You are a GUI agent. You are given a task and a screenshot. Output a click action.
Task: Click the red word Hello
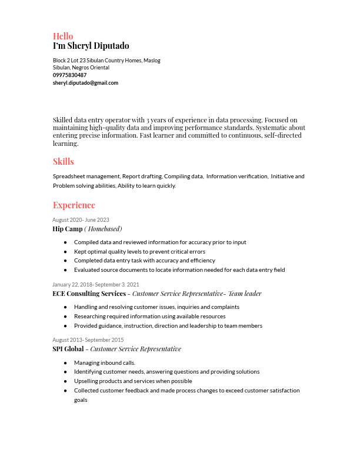[63, 36]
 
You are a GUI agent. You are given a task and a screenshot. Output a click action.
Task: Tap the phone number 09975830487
[69, 75]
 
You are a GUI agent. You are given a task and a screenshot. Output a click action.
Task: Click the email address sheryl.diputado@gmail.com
[85, 83]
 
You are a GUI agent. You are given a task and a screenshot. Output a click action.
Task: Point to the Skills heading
[63, 161]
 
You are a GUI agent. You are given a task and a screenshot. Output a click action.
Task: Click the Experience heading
[74, 205]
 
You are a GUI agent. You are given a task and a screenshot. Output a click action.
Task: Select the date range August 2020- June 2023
[81, 220]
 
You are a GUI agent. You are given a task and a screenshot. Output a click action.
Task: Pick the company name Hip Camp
[67, 229]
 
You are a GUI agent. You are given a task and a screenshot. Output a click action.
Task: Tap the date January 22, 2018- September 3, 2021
[95, 285]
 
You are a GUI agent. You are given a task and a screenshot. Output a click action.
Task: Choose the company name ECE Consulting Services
[89, 294]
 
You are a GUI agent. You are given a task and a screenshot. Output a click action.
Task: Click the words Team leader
[245, 294]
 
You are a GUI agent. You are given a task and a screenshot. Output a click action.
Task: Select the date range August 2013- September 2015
[88, 340]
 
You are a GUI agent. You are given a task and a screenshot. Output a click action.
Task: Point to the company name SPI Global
[68, 349]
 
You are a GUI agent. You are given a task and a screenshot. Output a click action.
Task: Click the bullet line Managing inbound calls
[105, 363]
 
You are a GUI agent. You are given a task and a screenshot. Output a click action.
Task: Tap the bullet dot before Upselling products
[65, 381]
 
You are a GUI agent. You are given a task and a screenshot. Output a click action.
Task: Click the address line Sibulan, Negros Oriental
[81, 68]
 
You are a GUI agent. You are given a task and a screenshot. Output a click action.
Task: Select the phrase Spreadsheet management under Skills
[86, 177]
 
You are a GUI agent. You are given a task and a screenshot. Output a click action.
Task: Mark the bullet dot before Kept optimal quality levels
[65, 251]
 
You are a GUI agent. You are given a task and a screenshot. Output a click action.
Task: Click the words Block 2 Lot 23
[69, 61]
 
